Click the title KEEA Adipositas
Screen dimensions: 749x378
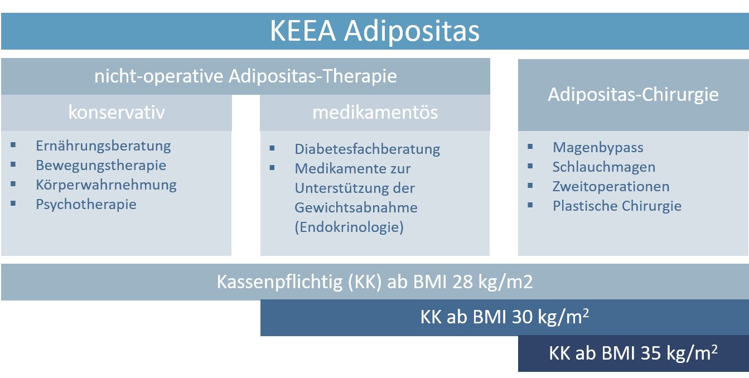coord(375,31)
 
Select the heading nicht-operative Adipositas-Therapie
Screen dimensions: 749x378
coord(245,76)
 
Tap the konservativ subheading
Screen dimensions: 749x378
coord(117,112)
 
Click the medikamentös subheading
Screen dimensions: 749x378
coord(375,112)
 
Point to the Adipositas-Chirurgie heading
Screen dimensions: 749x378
coord(633,95)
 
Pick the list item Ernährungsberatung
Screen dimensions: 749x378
coord(103,146)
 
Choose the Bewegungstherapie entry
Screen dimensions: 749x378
coord(101,166)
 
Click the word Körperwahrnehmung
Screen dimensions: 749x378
coord(106,185)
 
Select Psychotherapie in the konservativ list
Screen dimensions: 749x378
coord(86,205)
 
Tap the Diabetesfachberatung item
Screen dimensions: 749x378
coord(367,149)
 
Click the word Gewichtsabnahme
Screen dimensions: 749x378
coord(356,207)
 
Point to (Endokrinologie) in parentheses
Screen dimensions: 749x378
coord(349,227)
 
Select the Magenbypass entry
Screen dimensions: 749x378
coord(598,147)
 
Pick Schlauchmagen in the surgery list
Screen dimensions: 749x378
coord(604,167)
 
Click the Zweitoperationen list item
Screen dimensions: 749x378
coord(611,187)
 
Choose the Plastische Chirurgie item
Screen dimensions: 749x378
coord(617,206)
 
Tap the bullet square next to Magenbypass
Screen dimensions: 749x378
coord(530,147)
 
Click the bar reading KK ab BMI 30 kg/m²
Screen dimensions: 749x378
coord(505,317)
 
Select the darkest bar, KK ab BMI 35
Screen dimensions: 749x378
coord(634,353)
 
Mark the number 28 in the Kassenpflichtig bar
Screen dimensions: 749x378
coord(462,282)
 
